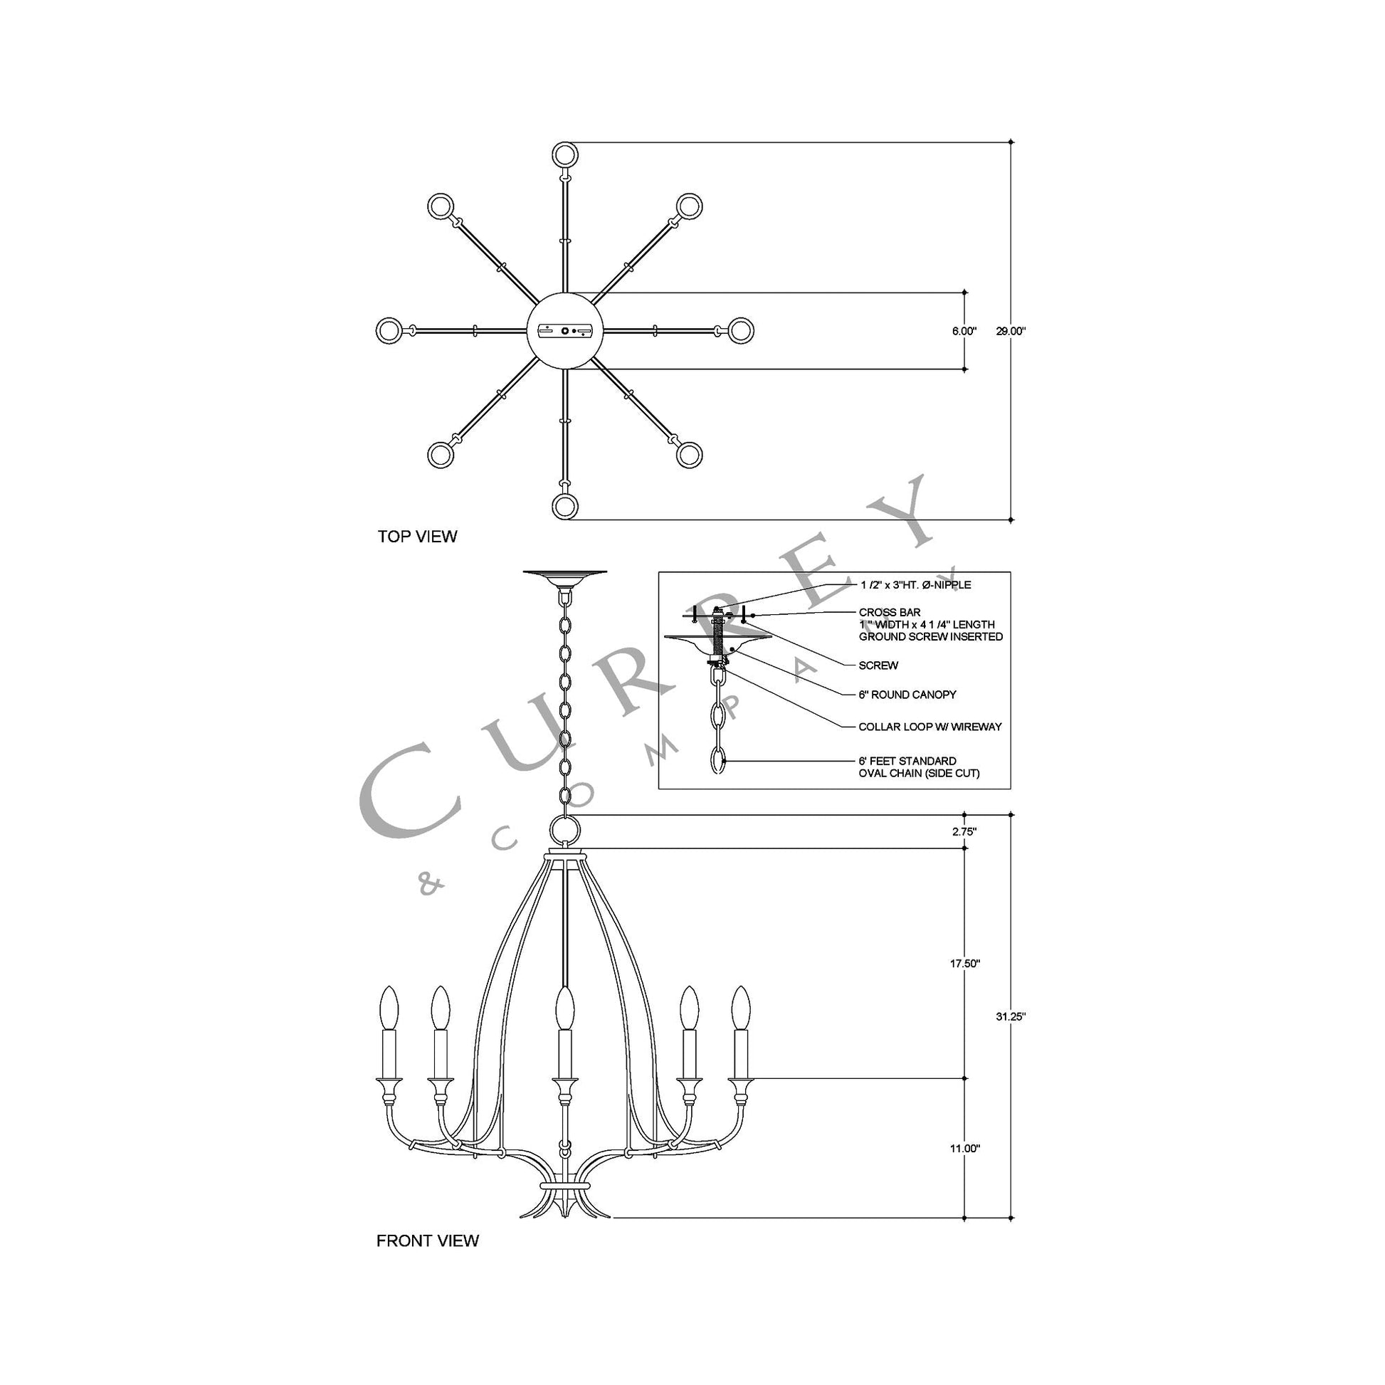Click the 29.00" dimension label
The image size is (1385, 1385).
1011,331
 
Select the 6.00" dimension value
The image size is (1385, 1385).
964,331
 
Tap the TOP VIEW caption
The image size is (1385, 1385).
417,537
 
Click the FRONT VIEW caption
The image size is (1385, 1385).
427,1241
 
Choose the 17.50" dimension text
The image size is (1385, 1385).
964,964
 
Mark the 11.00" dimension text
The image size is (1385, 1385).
964,1149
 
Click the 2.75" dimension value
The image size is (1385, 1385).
964,831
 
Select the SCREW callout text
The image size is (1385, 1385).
878,665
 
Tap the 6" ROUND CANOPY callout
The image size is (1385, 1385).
907,695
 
